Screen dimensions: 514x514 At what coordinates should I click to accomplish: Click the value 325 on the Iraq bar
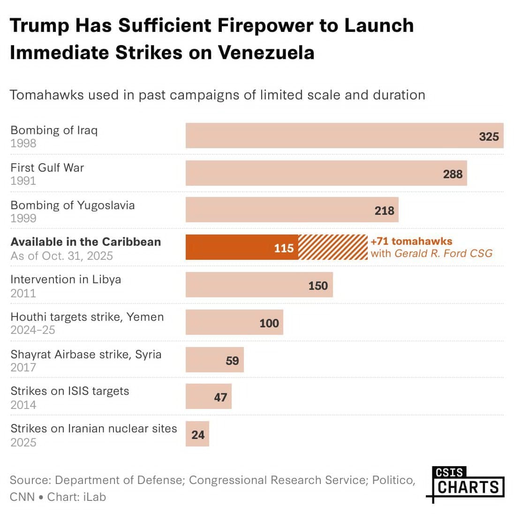[x=488, y=136]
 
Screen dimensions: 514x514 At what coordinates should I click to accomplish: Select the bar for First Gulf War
[x=326, y=174]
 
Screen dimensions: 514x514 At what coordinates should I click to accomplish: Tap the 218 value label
[x=384, y=211]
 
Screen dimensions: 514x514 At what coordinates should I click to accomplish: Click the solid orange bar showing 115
[x=242, y=248]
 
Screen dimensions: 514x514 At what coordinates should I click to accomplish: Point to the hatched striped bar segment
[x=333, y=248]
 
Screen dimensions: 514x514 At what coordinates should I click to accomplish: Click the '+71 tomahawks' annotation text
[x=411, y=242]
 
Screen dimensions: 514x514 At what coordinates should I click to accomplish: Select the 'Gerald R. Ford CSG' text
[x=443, y=254]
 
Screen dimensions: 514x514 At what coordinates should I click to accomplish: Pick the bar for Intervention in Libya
[x=259, y=285]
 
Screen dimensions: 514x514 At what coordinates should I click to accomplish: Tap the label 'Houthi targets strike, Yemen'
[x=87, y=317]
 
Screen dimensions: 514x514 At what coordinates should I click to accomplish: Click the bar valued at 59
[x=214, y=360]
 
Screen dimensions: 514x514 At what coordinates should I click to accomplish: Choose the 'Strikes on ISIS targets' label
[x=69, y=391]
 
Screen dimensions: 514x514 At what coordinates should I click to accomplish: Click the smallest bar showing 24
[x=197, y=434]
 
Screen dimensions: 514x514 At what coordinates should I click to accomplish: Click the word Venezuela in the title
[x=266, y=53]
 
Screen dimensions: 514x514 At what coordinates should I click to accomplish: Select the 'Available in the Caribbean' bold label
[x=85, y=242]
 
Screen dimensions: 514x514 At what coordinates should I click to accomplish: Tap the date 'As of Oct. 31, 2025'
[x=61, y=256]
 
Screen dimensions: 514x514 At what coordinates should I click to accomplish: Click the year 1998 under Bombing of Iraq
[x=23, y=143]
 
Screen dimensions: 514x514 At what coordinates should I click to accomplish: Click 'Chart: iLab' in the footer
[x=76, y=497]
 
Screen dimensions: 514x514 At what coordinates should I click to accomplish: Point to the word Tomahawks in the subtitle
[x=46, y=95]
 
